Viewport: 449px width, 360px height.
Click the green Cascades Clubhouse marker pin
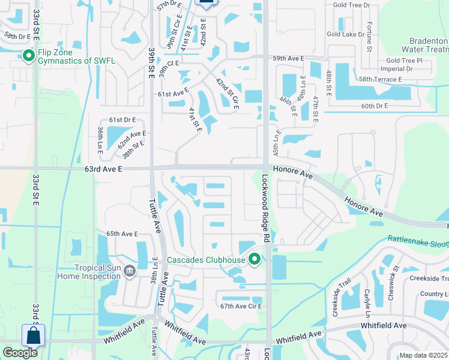click(255, 260)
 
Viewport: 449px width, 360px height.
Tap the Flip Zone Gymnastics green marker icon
click(28, 56)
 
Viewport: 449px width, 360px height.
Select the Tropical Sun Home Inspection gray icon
click(129, 272)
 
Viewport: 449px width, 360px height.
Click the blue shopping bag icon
click(33, 335)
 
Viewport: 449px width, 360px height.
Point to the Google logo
click(20, 353)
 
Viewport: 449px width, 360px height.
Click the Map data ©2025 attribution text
click(423, 355)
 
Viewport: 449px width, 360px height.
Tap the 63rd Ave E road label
click(103, 170)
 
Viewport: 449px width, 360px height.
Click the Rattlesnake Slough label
click(418, 240)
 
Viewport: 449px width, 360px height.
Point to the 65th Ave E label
click(122, 233)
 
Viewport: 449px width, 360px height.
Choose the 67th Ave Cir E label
click(243, 306)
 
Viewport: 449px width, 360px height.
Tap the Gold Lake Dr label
click(346, 34)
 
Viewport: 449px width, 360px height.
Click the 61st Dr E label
click(122, 121)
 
